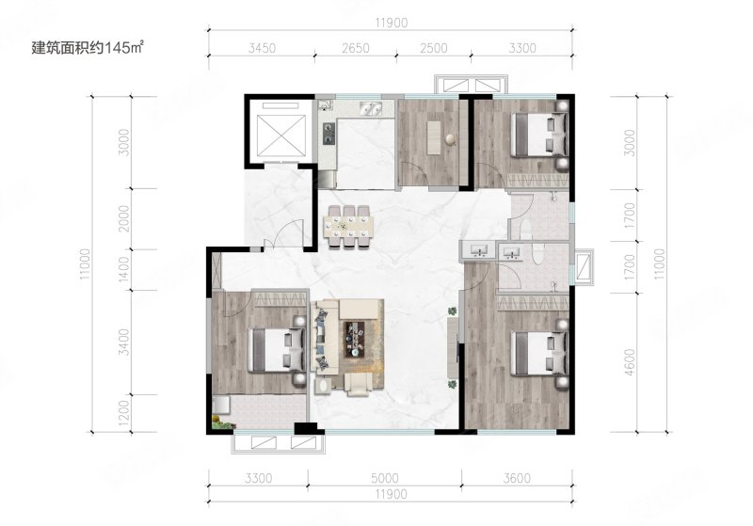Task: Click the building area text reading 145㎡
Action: tap(125, 48)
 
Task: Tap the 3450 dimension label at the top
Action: tap(263, 49)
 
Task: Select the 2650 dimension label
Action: tap(356, 49)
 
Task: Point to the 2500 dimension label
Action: tap(434, 49)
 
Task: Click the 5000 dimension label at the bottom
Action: tap(385, 479)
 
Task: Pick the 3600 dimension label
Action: tap(517, 479)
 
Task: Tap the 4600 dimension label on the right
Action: tap(630, 362)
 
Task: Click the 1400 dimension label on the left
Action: tap(124, 270)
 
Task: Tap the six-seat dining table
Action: tap(349, 227)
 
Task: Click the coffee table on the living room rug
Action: tap(355, 339)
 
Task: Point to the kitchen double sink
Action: tap(371, 109)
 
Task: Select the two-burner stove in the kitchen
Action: tap(328, 134)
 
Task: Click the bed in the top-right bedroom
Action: tap(537, 135)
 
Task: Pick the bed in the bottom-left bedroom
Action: tap(277, 349)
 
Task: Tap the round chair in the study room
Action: tap(451, 139)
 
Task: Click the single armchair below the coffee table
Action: tap(359, 385)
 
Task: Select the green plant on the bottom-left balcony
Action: tap(223, 423)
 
